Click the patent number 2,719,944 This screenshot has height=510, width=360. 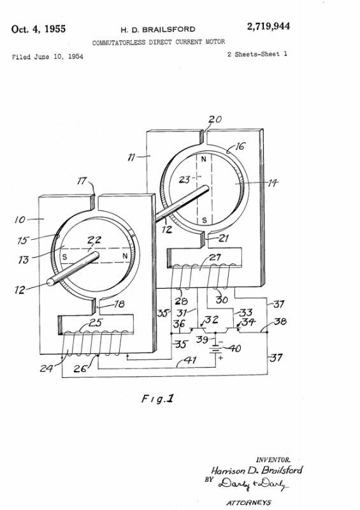pos(268,27)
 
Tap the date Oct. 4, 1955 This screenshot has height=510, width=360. pos(38,29)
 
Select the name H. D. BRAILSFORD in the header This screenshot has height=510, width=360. pos(158,30)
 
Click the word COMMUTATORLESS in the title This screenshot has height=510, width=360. pos(119,43)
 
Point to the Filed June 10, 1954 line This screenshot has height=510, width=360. pos(48,57)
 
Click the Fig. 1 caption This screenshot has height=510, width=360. pos(158,399)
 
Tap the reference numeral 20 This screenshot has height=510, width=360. pos(215,119)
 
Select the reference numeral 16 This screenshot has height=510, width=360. pos(240,146)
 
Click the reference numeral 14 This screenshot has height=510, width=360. pos(273,183)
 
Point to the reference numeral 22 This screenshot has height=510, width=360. pos(94,240)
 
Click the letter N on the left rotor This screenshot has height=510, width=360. pos(125,256)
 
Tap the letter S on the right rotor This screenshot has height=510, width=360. pos(205,220)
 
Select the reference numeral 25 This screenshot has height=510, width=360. pos(96,323)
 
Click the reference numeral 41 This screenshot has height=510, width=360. pos(191,360)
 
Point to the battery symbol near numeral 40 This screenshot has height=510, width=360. pos(215,349)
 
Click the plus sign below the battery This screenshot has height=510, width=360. pos(220,358)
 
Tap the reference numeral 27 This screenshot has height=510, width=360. pos(215,258)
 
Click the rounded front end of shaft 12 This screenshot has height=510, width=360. pos(51,282)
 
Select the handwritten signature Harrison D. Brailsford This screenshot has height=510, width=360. pos(257,470)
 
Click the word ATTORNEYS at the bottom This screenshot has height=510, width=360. pos(248,503)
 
